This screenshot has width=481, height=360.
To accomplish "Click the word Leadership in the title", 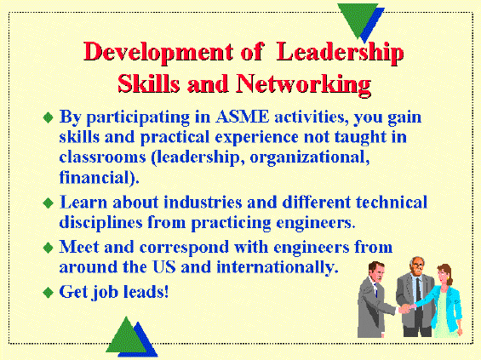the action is tap(340, 53).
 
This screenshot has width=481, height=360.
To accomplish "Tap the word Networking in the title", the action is tap(303, 84).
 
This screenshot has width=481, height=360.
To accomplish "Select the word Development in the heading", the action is tap(158, 53).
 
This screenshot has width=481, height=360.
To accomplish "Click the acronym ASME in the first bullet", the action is tap(242, 117).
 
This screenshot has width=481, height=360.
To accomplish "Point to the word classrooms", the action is tap(102, 157).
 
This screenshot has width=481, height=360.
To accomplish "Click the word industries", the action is tap(203, 203).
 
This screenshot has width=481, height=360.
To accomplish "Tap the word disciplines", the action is tap(100, 223).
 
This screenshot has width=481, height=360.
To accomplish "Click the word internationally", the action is tap(276, 266).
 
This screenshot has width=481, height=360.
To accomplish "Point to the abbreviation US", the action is tap(164, 266).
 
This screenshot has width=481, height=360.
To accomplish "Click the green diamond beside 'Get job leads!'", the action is tap(49, 292).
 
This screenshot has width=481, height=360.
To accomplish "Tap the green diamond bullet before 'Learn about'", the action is tap(49, 203).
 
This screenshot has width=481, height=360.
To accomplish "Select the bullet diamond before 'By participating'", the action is tap(49, 117).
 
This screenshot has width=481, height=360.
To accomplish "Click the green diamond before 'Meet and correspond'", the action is tap(49, 248).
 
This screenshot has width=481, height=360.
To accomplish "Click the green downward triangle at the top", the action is tap(358, 17).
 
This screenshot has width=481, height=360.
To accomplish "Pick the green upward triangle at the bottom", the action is tap(126, 337).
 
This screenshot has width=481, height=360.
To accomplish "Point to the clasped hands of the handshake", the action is tap(405, 308).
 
